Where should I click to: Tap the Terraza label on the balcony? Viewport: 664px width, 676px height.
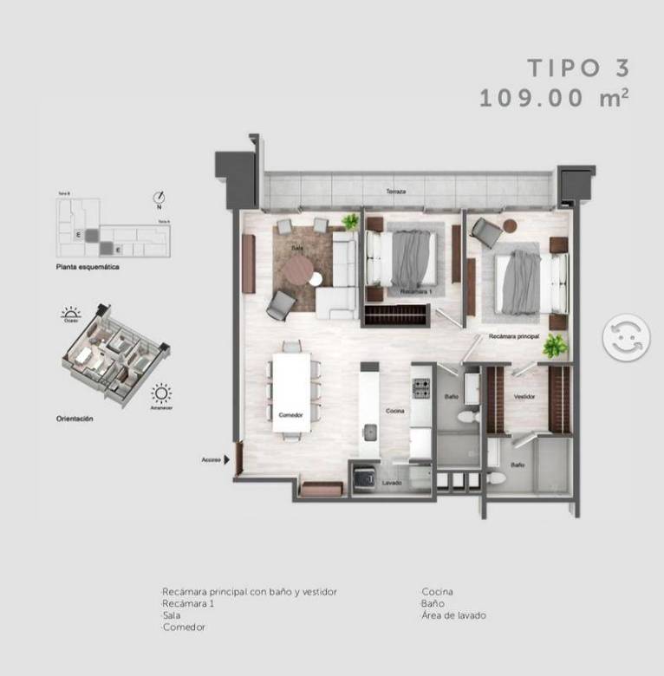coord(397,191)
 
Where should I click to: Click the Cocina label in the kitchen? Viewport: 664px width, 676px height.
coord(395,411)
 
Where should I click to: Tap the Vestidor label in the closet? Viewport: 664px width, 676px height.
coord(524,396)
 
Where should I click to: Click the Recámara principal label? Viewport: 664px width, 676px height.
coord(514,335)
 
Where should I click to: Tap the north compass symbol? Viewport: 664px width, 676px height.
coord(159,197)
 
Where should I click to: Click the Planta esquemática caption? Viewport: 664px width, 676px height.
coord(87,269)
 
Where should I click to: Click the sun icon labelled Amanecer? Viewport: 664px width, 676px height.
coord(160,395)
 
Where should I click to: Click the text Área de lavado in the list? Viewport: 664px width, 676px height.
coord(453,615)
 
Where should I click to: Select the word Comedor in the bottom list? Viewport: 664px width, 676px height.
coord(184,627)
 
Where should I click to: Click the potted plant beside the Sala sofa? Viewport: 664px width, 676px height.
coord(349,221)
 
